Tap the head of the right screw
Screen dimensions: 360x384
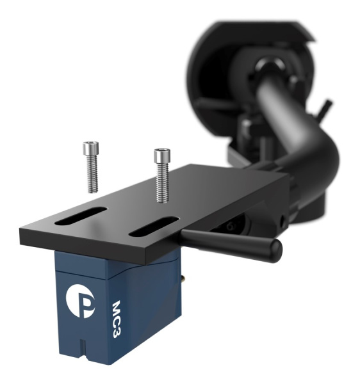click(162, 156)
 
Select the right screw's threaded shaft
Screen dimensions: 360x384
click(163, 182)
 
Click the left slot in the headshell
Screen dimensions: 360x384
click(81, 216)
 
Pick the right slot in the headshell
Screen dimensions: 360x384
click(154, 227)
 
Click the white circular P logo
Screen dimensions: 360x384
click(80, 301)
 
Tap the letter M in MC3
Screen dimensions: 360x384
click(117, 308)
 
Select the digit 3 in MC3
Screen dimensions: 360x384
click(117, 332)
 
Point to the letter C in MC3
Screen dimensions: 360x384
click(117, 321)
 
